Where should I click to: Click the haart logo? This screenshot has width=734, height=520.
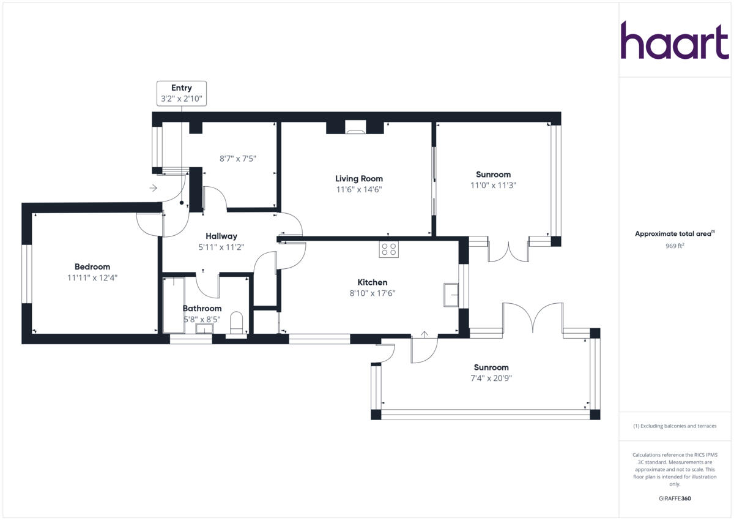(675, 41)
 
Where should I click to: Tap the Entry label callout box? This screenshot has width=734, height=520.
(182, 93)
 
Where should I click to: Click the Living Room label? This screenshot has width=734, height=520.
(359, 179)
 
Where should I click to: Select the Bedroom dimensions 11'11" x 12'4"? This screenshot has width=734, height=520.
(92, 277)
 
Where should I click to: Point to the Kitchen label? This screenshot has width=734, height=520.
(373, 282)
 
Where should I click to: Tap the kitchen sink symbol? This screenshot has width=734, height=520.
(451, 294)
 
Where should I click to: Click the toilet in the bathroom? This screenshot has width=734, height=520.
(236, 322)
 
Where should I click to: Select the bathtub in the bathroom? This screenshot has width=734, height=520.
(174, 304)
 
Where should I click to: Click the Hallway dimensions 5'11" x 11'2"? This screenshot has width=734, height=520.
(221, 247)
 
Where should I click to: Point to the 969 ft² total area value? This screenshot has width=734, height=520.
(675, 246)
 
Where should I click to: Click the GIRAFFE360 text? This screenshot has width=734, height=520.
(675, 499)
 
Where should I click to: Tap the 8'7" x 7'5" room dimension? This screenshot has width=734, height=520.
(238, 158)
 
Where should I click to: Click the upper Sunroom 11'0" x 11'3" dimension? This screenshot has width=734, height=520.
(493, 185)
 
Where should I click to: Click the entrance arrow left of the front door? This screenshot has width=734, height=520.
(153, 187)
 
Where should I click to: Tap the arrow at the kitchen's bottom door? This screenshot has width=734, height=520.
(423, 334)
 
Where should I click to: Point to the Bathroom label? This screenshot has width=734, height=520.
(202, 308)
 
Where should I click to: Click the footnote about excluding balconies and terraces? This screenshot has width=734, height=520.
(675, 426)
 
